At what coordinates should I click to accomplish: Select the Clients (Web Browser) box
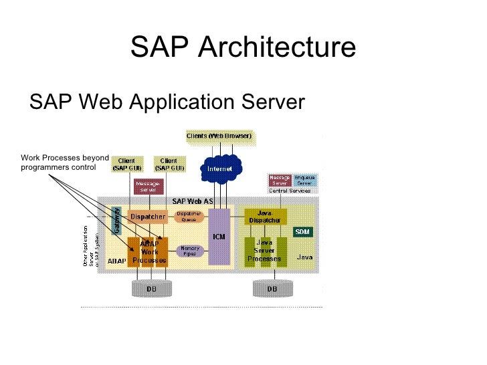click(219, 136)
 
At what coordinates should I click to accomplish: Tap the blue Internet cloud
click(219, 169)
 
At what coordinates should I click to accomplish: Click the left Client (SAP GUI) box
click(126, 164)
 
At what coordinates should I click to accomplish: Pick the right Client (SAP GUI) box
click(169, 164)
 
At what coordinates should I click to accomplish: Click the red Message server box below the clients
click(147, 186)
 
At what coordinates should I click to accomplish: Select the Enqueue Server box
click(304, 180)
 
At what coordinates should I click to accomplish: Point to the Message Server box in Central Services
click(280, 180)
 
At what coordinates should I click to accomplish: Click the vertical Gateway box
click(116, 220)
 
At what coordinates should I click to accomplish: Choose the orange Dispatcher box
click(147, 217)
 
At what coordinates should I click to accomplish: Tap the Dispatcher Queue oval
click(189, 217)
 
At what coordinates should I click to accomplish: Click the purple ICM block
click(219, 236)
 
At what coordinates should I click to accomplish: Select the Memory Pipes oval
click(189, 251)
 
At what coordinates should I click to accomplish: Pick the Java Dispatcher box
click(266, 217)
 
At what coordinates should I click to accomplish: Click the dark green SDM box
click(302, 231)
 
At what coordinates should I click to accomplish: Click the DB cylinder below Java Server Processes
click(272, 289)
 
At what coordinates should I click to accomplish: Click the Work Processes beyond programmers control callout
click(64, 162)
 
